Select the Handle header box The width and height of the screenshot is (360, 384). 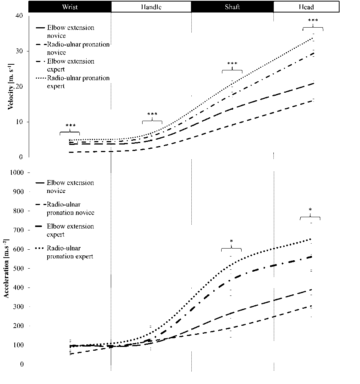[x=151, y=7]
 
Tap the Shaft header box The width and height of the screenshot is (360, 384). [x=232, y=7]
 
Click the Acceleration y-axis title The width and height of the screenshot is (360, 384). [x=7, y=269]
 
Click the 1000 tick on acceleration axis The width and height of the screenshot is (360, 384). [x=17, y=173]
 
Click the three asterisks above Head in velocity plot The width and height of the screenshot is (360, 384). [x=313, y=21]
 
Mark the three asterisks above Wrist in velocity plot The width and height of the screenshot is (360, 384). [x=70, y=126]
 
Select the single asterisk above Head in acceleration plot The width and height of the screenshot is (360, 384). [x=310, y=210]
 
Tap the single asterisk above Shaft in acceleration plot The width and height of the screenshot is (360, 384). [x=231, y=241]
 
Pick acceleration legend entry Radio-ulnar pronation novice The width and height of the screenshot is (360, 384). [x=70, y=208]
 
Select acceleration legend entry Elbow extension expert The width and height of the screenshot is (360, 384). [x=70, y=230]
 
